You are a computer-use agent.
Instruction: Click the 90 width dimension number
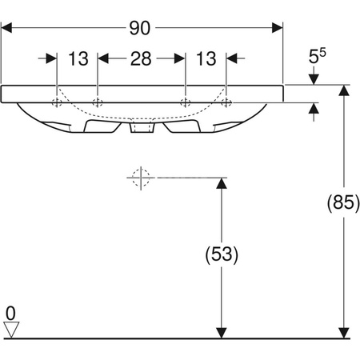(142, 28)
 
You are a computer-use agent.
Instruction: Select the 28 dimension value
(142, 58)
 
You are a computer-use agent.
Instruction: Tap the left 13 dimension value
(78, 58)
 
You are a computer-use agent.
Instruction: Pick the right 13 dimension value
(206, 58)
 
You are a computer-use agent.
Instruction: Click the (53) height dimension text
(222, 255)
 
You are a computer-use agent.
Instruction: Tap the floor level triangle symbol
(10, 327)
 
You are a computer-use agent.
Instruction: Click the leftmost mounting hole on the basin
(57, 102)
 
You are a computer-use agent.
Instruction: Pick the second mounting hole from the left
(98, 102)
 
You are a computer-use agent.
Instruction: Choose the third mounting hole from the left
(186, 102)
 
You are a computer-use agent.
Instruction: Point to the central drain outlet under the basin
(142, 128)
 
